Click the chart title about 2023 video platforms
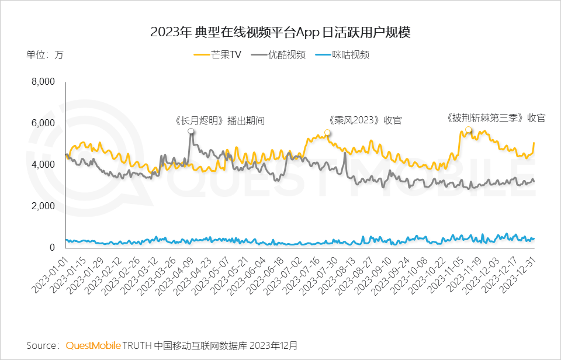280,32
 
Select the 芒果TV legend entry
217,55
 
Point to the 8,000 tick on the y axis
43,82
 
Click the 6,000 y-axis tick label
43,123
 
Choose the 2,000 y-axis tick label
43,206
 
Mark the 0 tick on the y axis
51,248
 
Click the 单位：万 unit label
45,55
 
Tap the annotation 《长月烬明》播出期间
220,121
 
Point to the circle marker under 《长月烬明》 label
191,131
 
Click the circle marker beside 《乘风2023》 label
327,133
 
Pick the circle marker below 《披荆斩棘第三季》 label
469,130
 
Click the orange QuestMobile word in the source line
93,345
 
